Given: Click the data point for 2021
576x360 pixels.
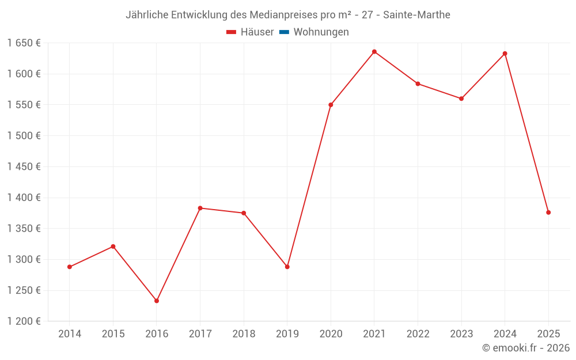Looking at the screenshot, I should coord(374,52).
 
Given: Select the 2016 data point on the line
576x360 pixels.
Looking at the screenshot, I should coord(157,301).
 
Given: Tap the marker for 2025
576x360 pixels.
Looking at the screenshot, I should coord(548,213).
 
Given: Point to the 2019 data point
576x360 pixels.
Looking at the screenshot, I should coord(287,267).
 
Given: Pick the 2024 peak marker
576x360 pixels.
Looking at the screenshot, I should coord(505,54).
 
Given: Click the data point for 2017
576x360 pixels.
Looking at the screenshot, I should coord(200,208).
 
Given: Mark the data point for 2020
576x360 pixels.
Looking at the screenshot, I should coord(331,105).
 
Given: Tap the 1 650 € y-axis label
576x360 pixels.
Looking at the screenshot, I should coord(24,43).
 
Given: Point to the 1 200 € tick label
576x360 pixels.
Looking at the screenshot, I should coord(24,321).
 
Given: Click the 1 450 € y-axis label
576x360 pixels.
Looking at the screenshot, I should coord(24,166).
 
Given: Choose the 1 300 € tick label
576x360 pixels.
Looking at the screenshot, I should coord(24,259).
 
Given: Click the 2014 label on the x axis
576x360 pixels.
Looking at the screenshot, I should coord(70,334).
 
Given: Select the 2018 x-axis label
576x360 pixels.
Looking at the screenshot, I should coord(244,334).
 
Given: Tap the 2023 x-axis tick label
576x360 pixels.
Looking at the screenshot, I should coord(461,334).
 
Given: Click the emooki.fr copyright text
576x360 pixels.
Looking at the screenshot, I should coord(526,348).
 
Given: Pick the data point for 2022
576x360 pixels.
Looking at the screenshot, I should coord(418,84).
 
